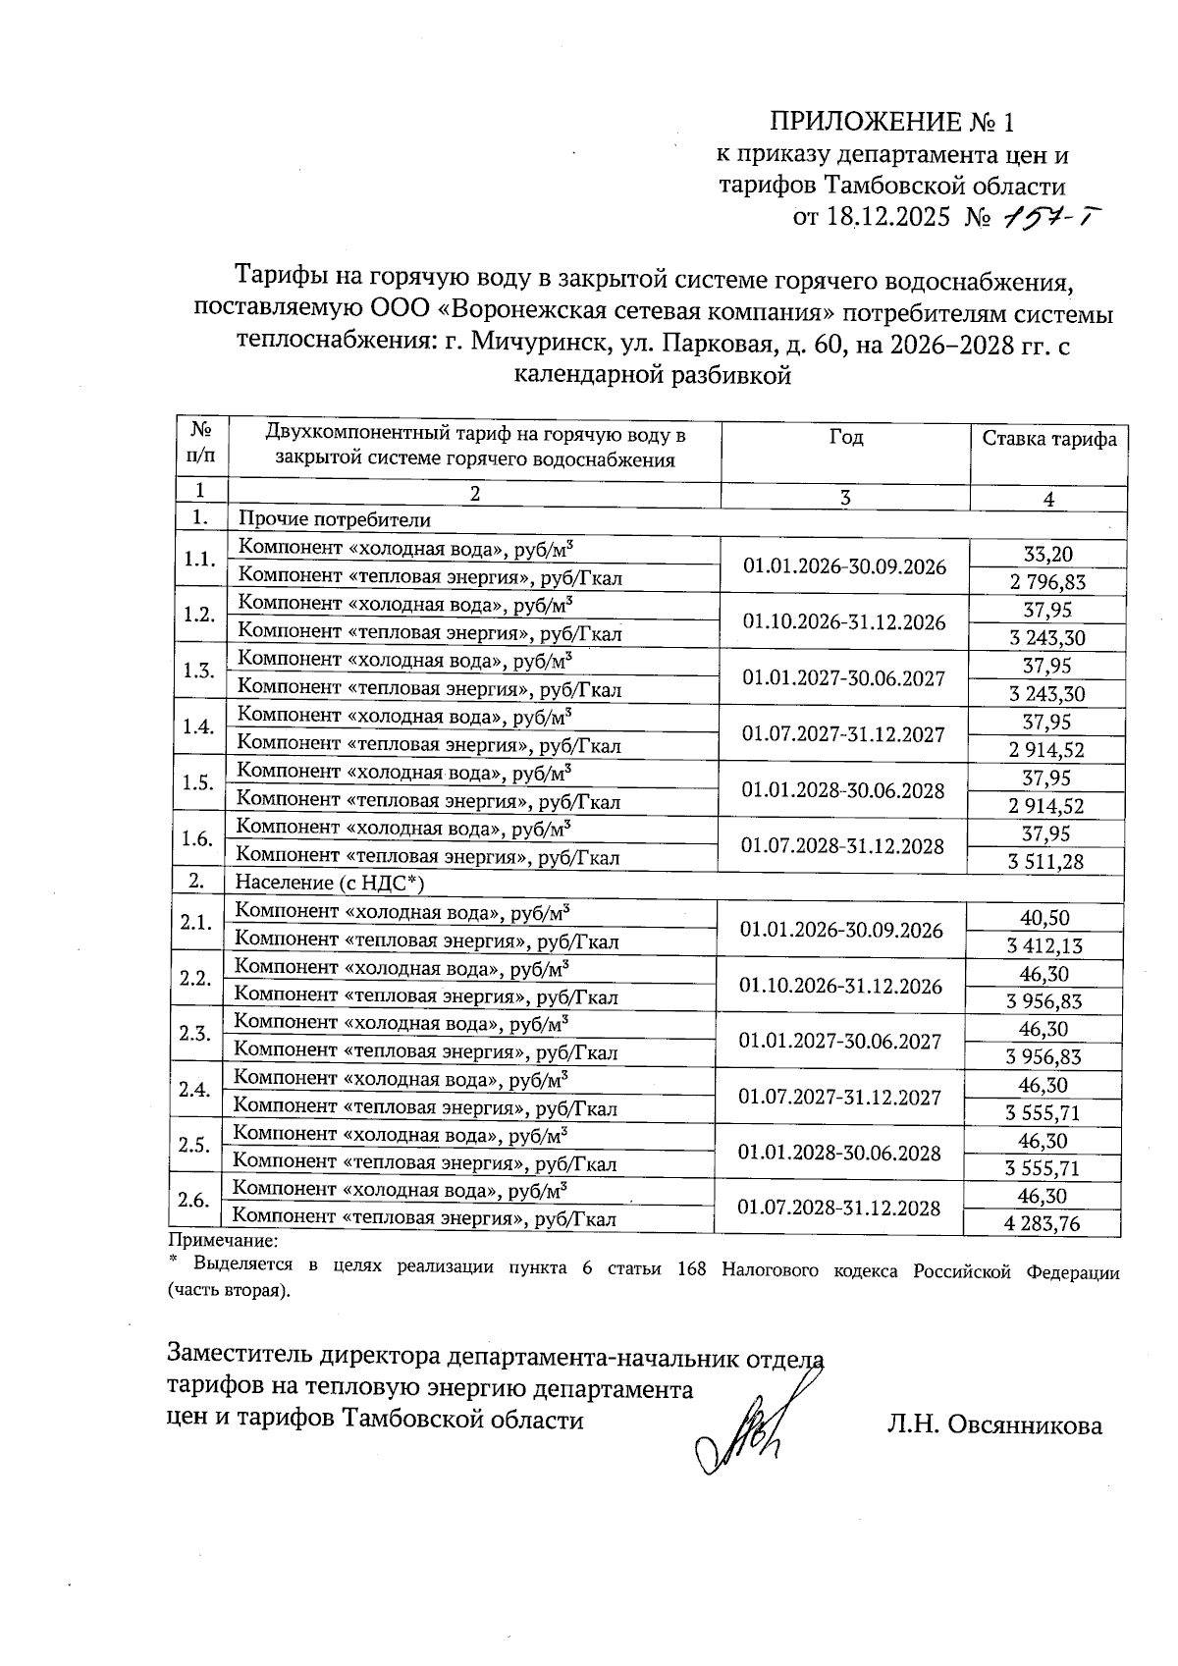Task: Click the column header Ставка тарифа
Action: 1049,439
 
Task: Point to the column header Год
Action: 845,437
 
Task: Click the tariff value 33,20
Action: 1047,555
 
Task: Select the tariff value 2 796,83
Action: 1047,582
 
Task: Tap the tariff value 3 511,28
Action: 1045,862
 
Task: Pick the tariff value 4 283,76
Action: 1043,1223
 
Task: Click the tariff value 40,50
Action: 1044,918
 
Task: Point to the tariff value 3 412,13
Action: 1044,946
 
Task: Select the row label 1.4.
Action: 198,726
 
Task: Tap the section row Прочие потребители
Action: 334,518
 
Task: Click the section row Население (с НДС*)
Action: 329,883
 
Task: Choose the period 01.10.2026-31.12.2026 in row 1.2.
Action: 844,622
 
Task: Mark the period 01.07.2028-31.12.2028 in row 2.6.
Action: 839,1209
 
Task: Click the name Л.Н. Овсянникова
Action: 993,1424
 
